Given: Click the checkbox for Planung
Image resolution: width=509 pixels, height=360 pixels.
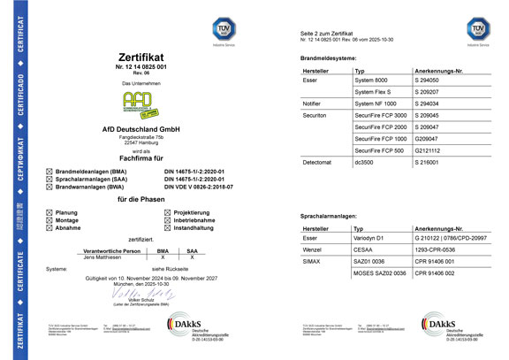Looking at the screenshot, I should click(x=48, y=213).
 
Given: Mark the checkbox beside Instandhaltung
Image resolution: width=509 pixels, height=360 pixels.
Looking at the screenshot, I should click(x=167, y=227).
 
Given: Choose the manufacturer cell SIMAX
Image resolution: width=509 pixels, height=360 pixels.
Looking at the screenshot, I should click(x=312, y=263).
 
